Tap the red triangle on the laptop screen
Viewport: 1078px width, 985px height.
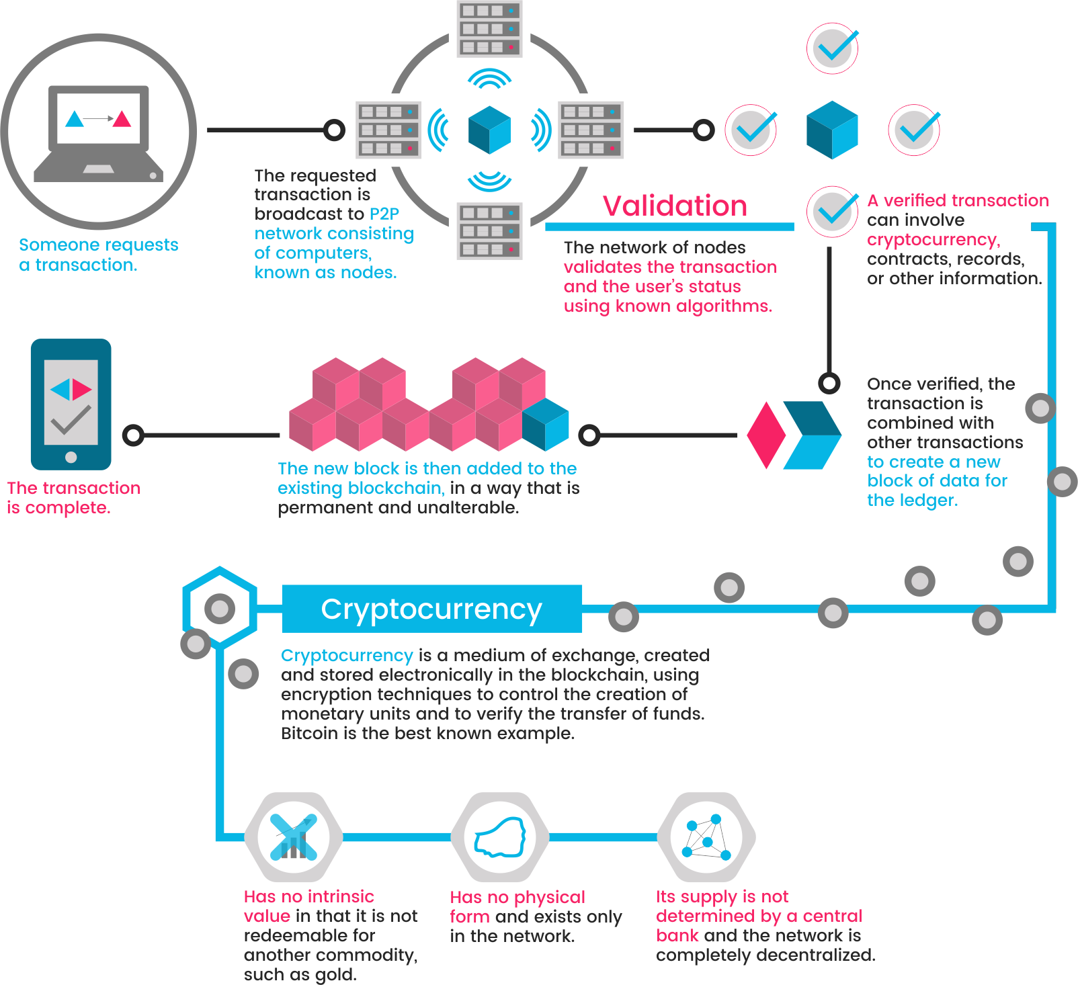122,120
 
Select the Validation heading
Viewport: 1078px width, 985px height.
674,206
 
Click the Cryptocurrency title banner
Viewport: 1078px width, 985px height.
431,609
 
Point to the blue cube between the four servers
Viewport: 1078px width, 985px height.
489,130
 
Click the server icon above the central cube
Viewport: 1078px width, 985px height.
489,29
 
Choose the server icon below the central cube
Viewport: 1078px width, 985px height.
489,231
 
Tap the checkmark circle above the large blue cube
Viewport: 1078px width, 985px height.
833,48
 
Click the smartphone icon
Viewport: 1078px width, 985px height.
71,404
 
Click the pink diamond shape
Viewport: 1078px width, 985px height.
766,435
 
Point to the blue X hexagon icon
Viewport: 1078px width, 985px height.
294,837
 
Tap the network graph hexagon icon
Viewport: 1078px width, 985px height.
706,837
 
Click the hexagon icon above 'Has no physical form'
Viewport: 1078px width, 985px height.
499,837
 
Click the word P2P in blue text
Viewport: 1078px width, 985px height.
384,214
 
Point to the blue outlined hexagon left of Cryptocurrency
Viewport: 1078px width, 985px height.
220,607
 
